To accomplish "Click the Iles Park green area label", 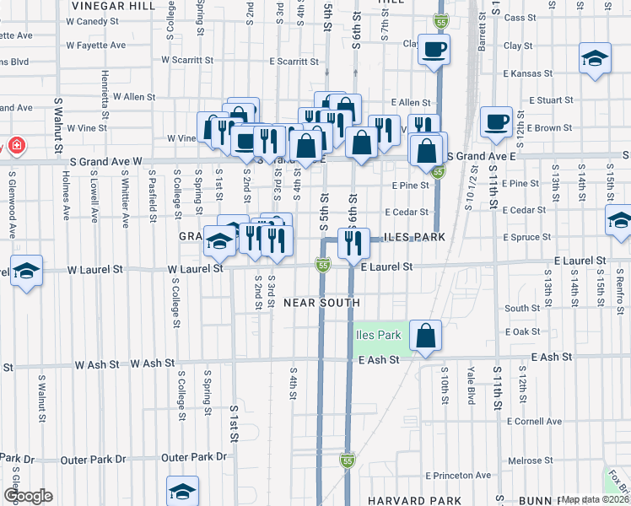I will click(x=378, y=335).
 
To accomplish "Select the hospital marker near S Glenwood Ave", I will click(x=15, y=146).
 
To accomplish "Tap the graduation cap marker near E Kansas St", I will click(x=595, y=58).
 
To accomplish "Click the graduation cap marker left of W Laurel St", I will click(x=26, y=271).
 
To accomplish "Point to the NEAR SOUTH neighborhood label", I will click(x=321, y=303).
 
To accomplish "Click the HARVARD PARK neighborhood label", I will click(x=402, y=500).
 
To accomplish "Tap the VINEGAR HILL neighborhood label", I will click(x=113, y=5).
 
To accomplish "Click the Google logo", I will click(x=28, y=496).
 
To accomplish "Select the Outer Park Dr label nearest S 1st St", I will click(x=194, y=457).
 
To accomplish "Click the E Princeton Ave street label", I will click(x=458, y=476).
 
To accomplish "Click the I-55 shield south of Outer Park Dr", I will click(x=347, y=460).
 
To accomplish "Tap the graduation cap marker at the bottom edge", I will click(x=182, y=492).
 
